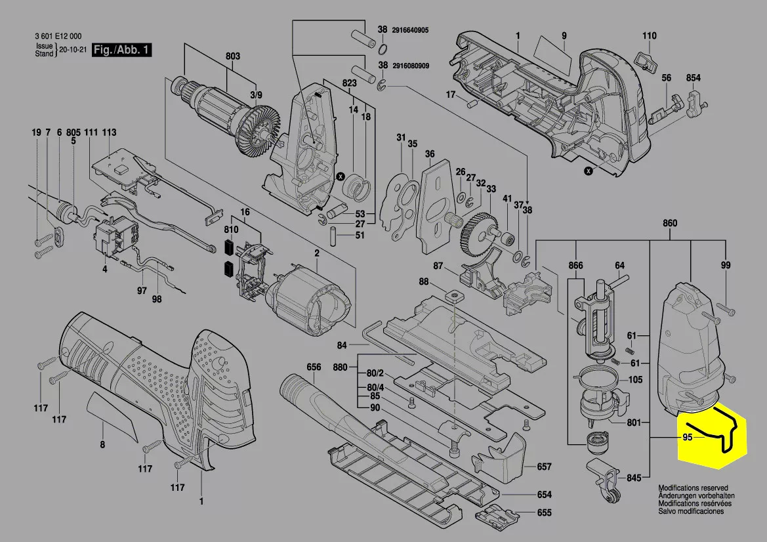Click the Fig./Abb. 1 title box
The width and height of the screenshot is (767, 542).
(121, 50)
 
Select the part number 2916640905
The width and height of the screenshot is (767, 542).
(419, 30)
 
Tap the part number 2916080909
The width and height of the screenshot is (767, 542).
(419, 66)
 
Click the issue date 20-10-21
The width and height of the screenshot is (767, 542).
(73, 50)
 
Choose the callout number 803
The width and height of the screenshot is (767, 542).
(232, 56)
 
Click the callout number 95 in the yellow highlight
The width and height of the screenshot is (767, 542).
(688, 437)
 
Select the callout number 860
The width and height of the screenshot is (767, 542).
(669, 223)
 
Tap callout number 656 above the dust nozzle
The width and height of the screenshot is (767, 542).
(314, 367)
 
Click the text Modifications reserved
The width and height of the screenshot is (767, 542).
(693, 489)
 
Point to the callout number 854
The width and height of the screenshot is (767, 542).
(694, 78)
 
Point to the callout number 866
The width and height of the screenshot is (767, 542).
(575, 266)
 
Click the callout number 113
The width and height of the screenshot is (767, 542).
(109, 133)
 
